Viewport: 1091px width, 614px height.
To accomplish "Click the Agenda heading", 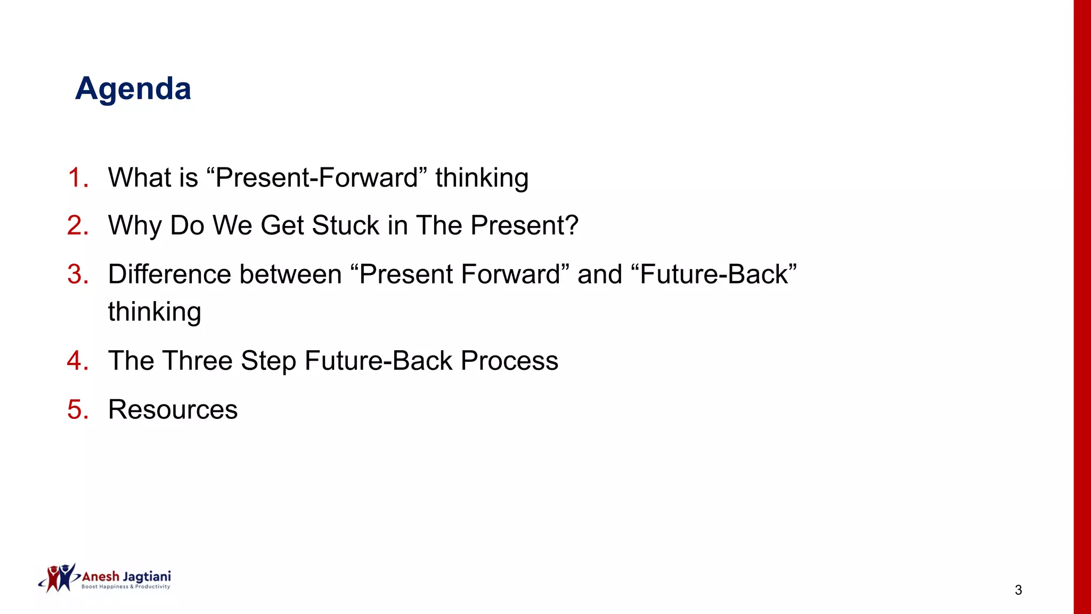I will tap(133, 88).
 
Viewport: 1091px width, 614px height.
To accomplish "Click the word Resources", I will tap(173, 410).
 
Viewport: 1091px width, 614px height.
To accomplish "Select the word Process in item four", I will tap(509, 361).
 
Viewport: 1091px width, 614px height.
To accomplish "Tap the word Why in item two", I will tap(135, 225).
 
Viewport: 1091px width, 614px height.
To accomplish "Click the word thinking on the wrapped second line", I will tap(154, 312).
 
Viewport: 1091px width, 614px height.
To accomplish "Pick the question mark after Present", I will tap(572, 225).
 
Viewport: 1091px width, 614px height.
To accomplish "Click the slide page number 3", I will tap(1018, 590).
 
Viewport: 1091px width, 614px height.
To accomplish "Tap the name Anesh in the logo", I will tap(101, 577).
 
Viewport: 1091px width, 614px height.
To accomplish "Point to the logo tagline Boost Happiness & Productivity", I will tap(126, 587).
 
